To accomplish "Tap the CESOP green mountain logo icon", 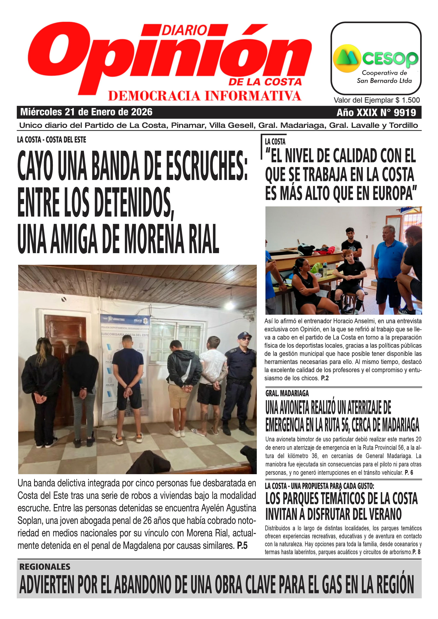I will (x=347, y=58).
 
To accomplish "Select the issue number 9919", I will (x=405, y=112).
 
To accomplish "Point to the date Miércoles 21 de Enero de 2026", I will (x=86, y=112).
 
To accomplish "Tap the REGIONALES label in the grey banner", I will (x=45, y=567).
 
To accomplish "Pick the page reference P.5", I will (x=242, y=546).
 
